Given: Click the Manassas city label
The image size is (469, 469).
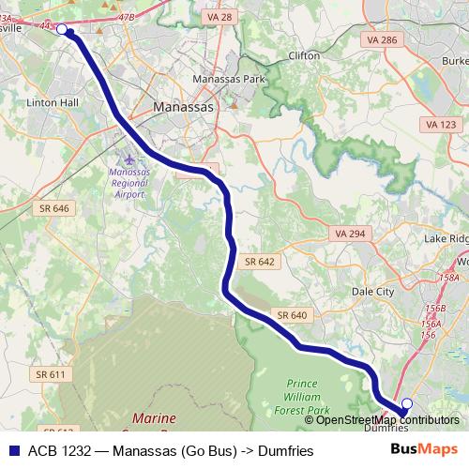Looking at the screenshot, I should coord(184,108).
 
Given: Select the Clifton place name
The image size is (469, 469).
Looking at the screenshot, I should coord(305,56).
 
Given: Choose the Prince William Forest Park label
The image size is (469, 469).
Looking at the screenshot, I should coord(309,397).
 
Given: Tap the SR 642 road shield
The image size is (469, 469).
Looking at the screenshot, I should coord(260,262).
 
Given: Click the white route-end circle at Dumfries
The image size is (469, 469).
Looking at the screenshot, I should coord(407,405).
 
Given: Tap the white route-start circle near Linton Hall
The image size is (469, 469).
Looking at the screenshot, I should coord(62,30).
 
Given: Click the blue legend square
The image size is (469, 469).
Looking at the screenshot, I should coord(14,449).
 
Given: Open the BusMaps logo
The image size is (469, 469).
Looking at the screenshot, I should coord(430,449).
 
